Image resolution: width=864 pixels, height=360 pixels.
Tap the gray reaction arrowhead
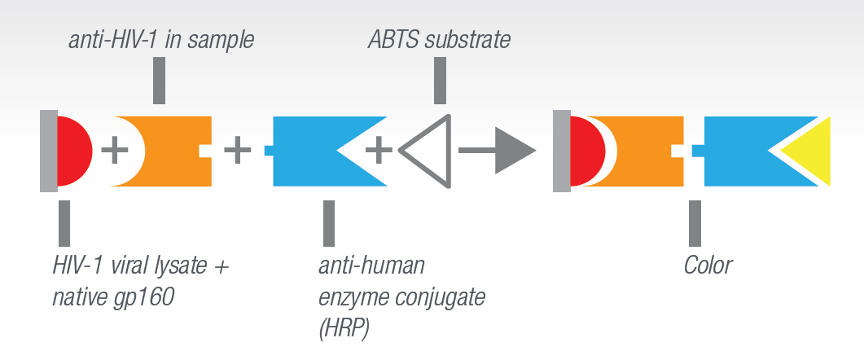click(x=515, y=151)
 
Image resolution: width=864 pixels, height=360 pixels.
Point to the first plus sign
click(x=115, y=151)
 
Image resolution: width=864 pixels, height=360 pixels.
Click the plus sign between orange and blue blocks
click(x=238, y=151)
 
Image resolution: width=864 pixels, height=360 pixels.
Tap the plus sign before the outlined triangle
click(x=379, y=151)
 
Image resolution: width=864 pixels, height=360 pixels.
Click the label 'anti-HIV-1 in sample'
click(x=161, y=40)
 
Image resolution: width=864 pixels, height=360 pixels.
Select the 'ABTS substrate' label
click(x=439, y=40)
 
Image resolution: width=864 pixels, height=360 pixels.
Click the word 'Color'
click(x=708, y=266)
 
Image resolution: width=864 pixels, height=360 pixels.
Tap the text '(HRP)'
click(x=344, y=330)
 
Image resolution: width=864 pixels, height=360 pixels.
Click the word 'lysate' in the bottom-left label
click(x=180, y=266)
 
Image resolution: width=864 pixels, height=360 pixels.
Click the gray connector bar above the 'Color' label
click(x=695, y=223)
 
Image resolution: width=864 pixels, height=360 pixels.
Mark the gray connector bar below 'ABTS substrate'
click(x=440, y=81)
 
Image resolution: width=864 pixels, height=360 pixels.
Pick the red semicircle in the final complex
click(x=587, y=151)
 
